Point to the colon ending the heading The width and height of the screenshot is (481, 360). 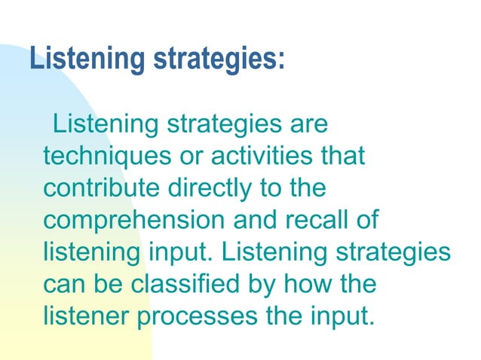pyautogui.click(x=281, y=60)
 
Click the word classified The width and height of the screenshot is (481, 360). pyautogui.click(x=192, y=285)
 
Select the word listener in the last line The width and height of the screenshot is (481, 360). pyautogui.click(x=86, y=317)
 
